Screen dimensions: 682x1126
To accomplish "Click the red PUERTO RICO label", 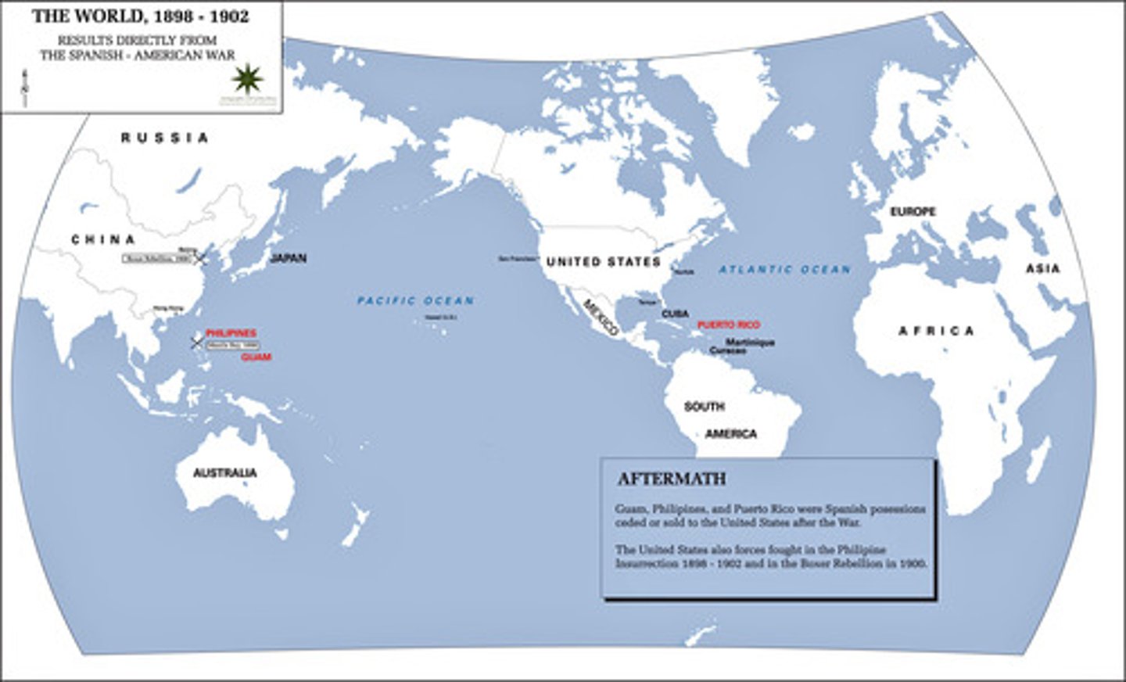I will pyautogui.click(x=728, y=325).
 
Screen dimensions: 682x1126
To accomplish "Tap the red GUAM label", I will pyautogui.click(x=256, y=357).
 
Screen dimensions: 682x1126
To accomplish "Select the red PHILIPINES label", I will pyautogui.click(x=231, y=333).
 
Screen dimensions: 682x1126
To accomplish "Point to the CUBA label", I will pyautogui.click(x=675, y=314).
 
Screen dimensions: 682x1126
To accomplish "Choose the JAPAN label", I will pyautogui.click(x=288, y=258).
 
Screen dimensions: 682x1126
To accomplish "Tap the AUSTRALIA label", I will pyautogui.click(x=224, y=473).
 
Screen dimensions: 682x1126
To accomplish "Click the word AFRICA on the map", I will pyautogui.click(x=936, y=331).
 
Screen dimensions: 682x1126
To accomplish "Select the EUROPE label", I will pyautogui.click(x=913, y=212).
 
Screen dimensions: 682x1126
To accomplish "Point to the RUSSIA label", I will pyautogui.click(x=164, y=138).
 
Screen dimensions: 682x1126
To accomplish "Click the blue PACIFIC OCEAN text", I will pyautogui.click(x=415, y=300).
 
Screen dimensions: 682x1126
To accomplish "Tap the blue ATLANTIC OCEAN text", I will pyautogui.click(x=784, y=270).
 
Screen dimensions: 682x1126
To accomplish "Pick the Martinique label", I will pyautogui.click(x=750, y=343).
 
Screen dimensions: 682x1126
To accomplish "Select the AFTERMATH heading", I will pyautogui.click(x=672, y=479).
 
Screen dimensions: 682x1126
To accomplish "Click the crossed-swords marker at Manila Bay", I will pyautogui.click(x=196, y=342).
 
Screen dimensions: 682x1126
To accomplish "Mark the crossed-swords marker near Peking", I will pyautogui.click(x=202, y=257).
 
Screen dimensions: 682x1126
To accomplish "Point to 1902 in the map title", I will pyautogui.click(x=229, y=16).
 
